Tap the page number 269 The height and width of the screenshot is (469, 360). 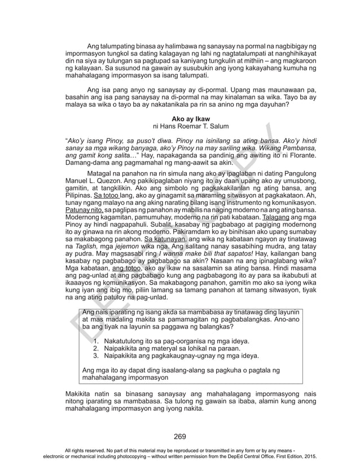click(180, 435)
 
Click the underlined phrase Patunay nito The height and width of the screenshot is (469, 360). click(80, 209)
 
